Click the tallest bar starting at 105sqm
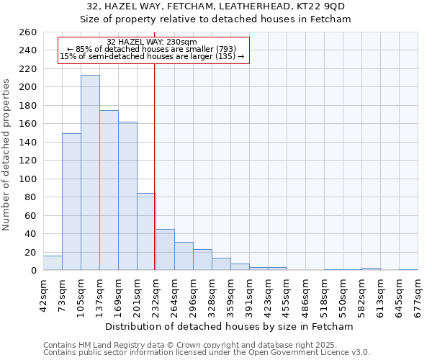(90, 173)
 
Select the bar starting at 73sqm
(71, 202)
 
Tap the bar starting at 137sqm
(109, 191)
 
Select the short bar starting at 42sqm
(53, 264)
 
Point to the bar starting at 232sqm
(165, 250)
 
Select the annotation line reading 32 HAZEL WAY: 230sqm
(151, 42)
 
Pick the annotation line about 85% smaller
(151, 49)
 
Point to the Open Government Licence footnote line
(207, 353)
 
